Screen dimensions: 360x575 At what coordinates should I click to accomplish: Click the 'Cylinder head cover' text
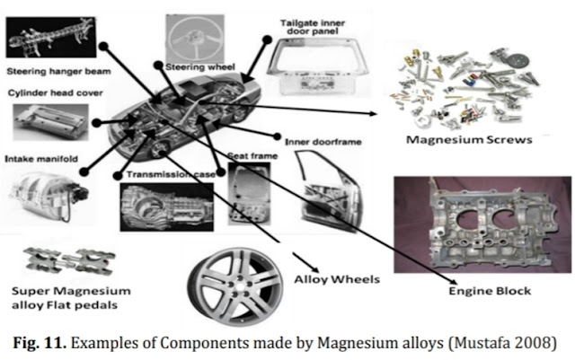(55, 92)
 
